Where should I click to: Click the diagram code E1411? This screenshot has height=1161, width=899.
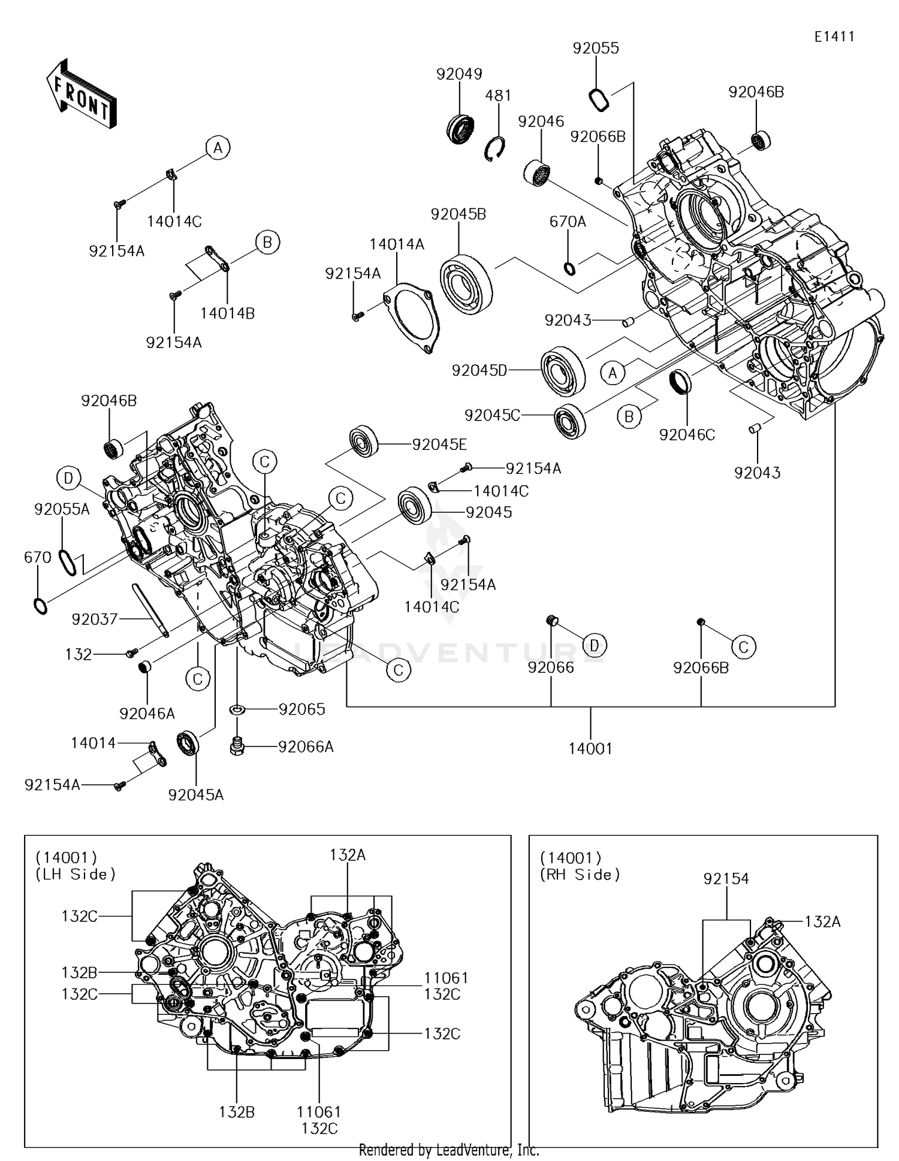tap(834, 37)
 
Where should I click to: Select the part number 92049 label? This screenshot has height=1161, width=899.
tap(459, 74)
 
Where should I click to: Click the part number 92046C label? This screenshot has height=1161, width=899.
tap(687, 435)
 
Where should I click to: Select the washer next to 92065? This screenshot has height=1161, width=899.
tap(238, 710)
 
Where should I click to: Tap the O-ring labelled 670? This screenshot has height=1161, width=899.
tap(40, 606)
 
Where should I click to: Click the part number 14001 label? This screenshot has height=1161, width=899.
tap(590, 748)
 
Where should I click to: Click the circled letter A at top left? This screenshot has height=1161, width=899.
tap(218, 147)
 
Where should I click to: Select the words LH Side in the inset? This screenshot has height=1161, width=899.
tap(76, 874)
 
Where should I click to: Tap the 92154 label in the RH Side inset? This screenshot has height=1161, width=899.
tap(726, 879)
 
